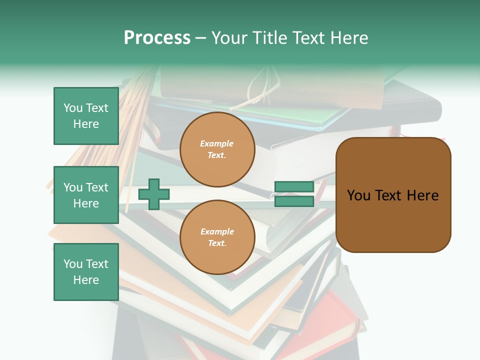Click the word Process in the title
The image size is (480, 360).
pyautogui.click(x=157, y=38)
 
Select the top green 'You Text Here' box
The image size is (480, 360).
pyautogui.click(x=86, y=116)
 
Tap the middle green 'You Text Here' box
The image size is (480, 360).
pyautogui.click(x=86, y=195)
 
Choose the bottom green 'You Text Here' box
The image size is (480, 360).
pyautogui.click(x=86, y=272)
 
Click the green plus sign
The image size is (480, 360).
pyautogui.click(x=154, y=194)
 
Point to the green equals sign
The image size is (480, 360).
pyautogui.click(x=294, y=194)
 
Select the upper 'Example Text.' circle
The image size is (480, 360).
pyautogui.click(x=217, y=149)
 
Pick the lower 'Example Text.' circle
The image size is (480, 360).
pyautogui.click(x=217, y=237)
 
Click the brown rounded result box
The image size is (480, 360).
pyautogui.click(x=393, y=195)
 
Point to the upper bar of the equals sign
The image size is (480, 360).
pyautogui.click(x=294, y=187)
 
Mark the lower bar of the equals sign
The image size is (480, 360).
pyautogui.click(x=294, y=201)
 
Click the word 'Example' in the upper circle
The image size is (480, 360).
pyautogui.click(x=217, y=144)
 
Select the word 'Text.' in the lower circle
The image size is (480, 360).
pyautogui.click(x=217, y=243)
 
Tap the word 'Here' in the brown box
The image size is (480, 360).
pyautogui.click(x=422, y=195)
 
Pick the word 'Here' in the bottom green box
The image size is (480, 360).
pyautogui.click(x=86, y=280)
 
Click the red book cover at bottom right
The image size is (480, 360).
pyautogui.click(x=335, y=320)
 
